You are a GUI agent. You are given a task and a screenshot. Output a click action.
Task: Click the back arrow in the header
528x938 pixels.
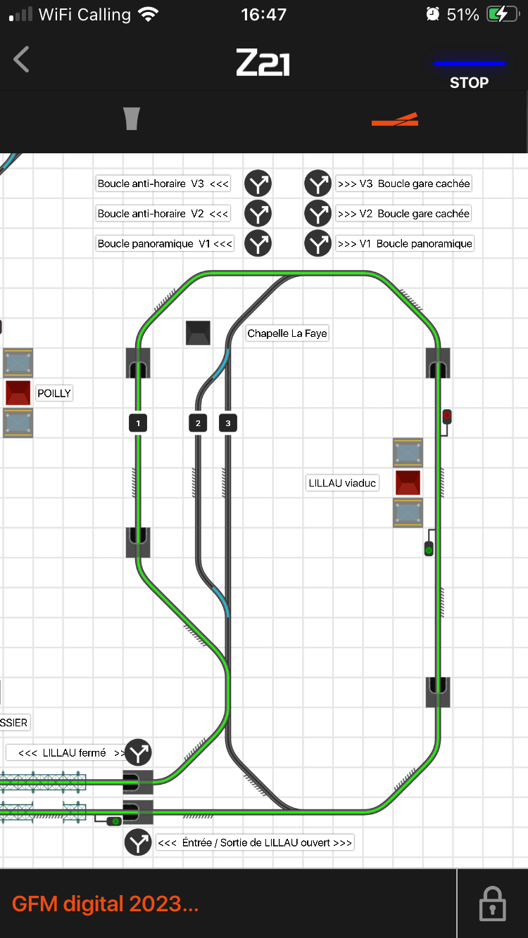21,60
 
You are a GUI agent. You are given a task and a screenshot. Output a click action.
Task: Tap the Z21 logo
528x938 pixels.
263,63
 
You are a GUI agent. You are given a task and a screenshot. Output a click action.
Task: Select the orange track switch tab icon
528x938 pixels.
395,120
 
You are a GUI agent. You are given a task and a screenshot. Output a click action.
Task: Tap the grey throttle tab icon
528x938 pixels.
132,119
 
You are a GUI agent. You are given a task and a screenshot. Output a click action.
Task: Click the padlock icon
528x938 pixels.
492,904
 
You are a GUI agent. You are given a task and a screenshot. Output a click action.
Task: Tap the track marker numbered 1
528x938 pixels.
138,423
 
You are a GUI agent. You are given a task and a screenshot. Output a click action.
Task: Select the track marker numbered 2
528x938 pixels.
198,423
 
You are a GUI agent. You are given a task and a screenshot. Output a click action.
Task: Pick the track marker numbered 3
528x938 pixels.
228,423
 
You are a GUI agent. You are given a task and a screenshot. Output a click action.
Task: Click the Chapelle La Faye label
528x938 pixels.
287,333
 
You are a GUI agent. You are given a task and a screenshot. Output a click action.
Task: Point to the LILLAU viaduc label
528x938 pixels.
342,483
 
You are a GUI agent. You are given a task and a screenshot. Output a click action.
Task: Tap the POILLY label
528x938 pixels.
54,393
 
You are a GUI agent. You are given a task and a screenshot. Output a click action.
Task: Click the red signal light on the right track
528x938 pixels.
447,416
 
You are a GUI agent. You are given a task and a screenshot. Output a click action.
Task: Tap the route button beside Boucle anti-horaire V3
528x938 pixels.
258,184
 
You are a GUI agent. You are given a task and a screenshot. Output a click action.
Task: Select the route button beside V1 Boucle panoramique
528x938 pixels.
318,243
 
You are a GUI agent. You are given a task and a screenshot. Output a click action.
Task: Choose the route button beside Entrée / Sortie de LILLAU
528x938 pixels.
138,842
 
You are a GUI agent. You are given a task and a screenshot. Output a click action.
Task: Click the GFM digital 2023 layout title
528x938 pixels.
105,904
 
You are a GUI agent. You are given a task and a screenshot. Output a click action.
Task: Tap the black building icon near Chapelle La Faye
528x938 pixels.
198,333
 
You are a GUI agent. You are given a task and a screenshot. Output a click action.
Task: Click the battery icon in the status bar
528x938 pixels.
503,15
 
